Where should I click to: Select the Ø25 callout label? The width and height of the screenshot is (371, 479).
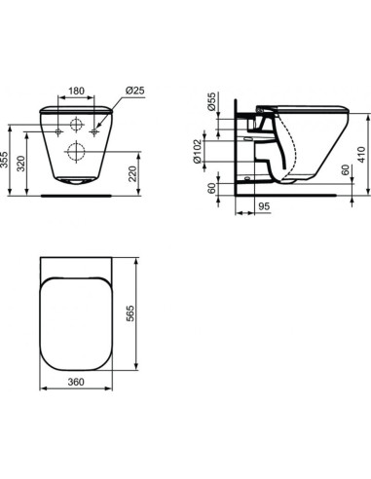click(x=135, y=92)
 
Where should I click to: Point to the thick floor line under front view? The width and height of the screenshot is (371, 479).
click(x=77, y=193)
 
